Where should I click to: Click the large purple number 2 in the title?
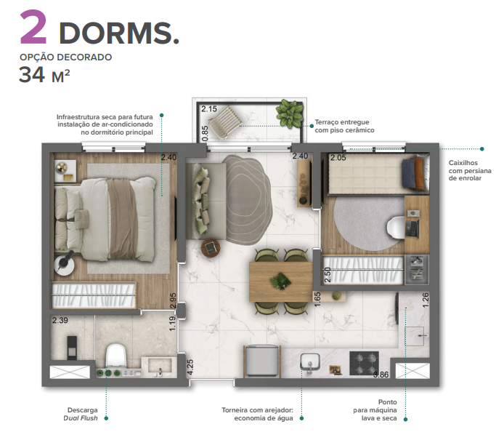(x=33, y=28)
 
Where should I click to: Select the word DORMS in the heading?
(x=118, y=33)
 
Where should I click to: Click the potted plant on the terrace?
(x=290, y=113)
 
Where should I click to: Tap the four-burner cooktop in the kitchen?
(x=364, y=362)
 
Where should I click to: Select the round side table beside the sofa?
(x=211, y=248)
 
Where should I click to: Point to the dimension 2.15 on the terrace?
(x=209, y=109)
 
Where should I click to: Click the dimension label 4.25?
(x=190, y=366)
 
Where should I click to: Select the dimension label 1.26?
(x=426, y=298)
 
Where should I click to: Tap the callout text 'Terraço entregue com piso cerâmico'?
(x=344, y=126)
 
